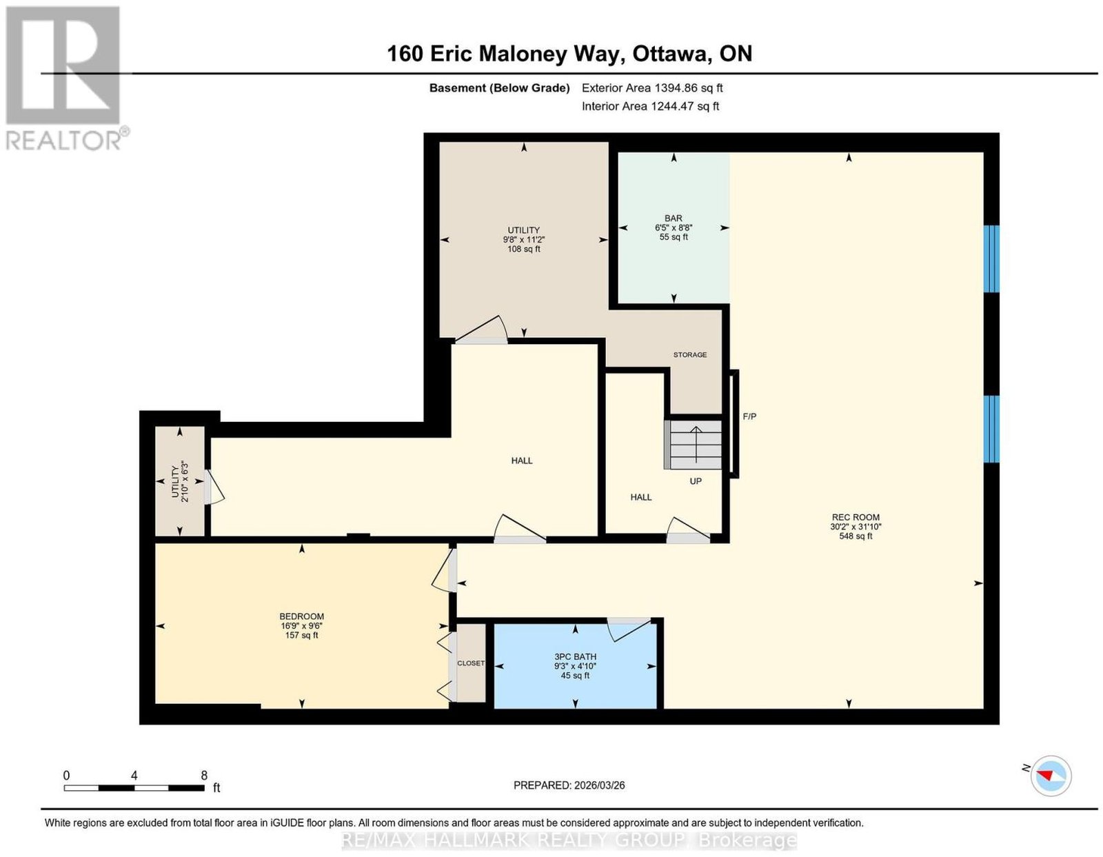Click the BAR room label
(673, 218)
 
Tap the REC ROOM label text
(856, 517)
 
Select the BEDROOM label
(301, 616)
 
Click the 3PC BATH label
(575, 656)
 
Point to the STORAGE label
(690, 354)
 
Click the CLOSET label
(471, 663)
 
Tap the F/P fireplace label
(749, 416)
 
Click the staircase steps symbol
(693, 445)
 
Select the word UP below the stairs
(696, 481)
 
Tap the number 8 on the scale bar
(204, 776)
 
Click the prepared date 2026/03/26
(600, 785)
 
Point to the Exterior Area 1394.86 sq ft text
(652, 88)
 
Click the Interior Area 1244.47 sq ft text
(650, 106)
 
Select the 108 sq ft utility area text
(524, 249)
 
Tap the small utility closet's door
(213, 487)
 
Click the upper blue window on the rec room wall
(991, 259)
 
